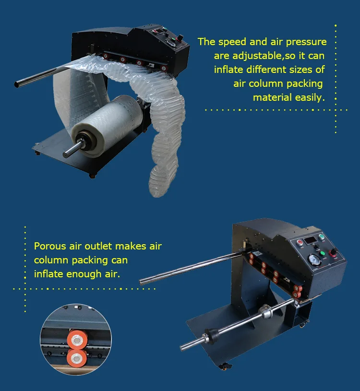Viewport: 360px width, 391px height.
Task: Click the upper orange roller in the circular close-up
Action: [x=75, y=339]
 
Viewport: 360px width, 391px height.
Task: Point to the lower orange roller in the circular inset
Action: [x=76, y=357]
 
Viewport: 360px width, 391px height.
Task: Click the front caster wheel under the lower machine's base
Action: [x=223, y=367]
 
